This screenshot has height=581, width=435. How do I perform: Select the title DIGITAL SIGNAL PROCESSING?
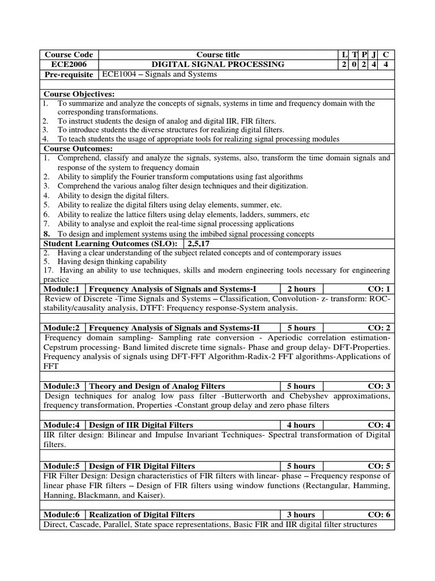217,65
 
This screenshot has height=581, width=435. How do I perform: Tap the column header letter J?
374,55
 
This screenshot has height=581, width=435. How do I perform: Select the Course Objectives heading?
79,94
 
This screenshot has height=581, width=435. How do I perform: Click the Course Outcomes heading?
76,148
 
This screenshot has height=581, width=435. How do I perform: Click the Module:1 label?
63,289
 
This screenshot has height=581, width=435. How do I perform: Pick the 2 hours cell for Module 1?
301,289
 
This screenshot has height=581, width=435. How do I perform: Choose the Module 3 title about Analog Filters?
157,386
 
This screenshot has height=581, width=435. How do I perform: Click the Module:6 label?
63,515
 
